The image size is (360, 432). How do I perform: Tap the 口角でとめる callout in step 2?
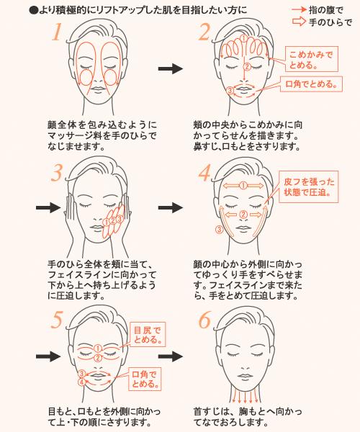pos(311,85)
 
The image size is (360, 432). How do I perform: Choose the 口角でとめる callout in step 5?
pos(148,377)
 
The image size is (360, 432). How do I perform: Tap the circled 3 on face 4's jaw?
pos(219,230)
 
